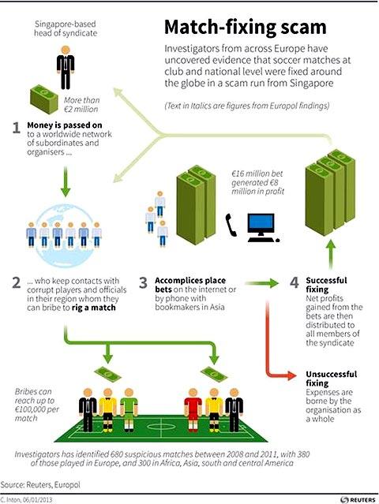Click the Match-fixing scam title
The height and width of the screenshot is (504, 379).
click(245, 28)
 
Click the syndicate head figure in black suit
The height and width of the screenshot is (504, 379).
click(66, 68)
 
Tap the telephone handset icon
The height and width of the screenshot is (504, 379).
click(231, 225)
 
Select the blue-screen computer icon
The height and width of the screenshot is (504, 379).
click(262, 228)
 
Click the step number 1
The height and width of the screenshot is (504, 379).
click(17, 128)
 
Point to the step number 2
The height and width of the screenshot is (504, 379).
click(17, 283)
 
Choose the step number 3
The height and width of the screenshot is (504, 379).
click(143, 283)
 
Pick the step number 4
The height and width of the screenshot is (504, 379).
click(295, 282)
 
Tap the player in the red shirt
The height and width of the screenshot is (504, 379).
click(193, 409)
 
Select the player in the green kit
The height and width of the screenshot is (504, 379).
click(129, 409)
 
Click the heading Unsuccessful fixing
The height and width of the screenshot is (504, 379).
click(331, 379)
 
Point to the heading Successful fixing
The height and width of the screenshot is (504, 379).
click(326, 285)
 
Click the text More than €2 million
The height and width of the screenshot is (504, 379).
click(81, 105)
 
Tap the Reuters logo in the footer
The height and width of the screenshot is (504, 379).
click(358, 500)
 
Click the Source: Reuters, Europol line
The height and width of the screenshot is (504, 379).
click(40, 484)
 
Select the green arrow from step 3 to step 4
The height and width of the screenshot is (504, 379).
click(261, 283)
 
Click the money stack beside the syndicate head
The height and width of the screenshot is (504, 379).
click(44, 99)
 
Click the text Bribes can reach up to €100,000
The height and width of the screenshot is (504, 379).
click(36, 405)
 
